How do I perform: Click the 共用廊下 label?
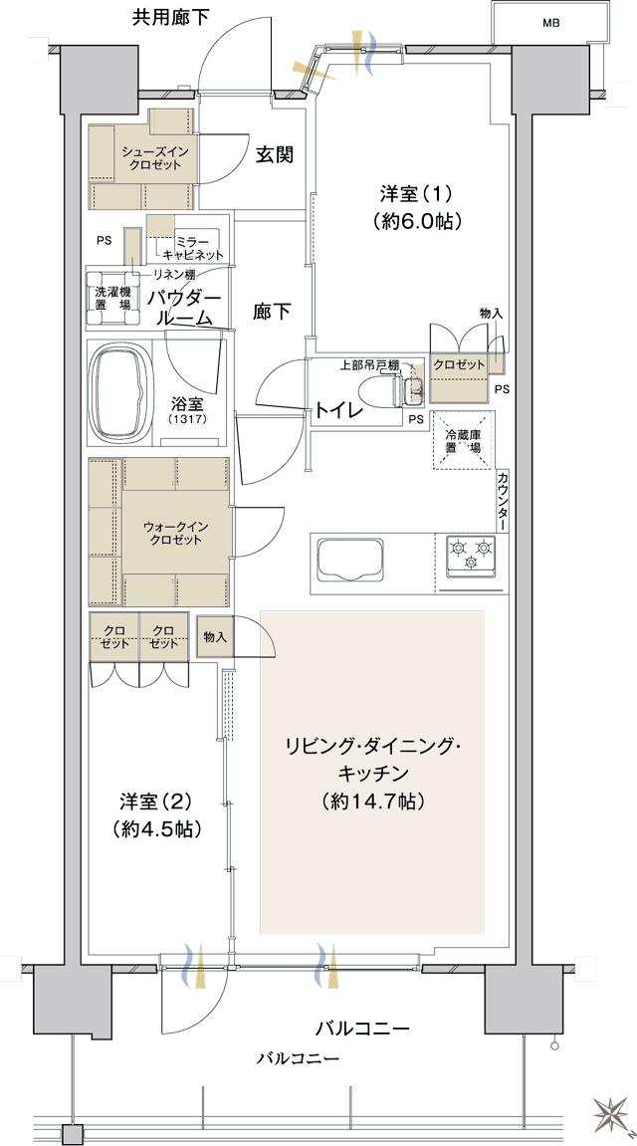click(167, 17)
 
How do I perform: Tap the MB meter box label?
click(549, 22)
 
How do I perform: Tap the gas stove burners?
click(472, 554)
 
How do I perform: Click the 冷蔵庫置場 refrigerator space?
click(462, 441)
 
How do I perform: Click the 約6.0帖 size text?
click(418, 221)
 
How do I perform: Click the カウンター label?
click(503, 500)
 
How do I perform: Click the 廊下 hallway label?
click(271, 313)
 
